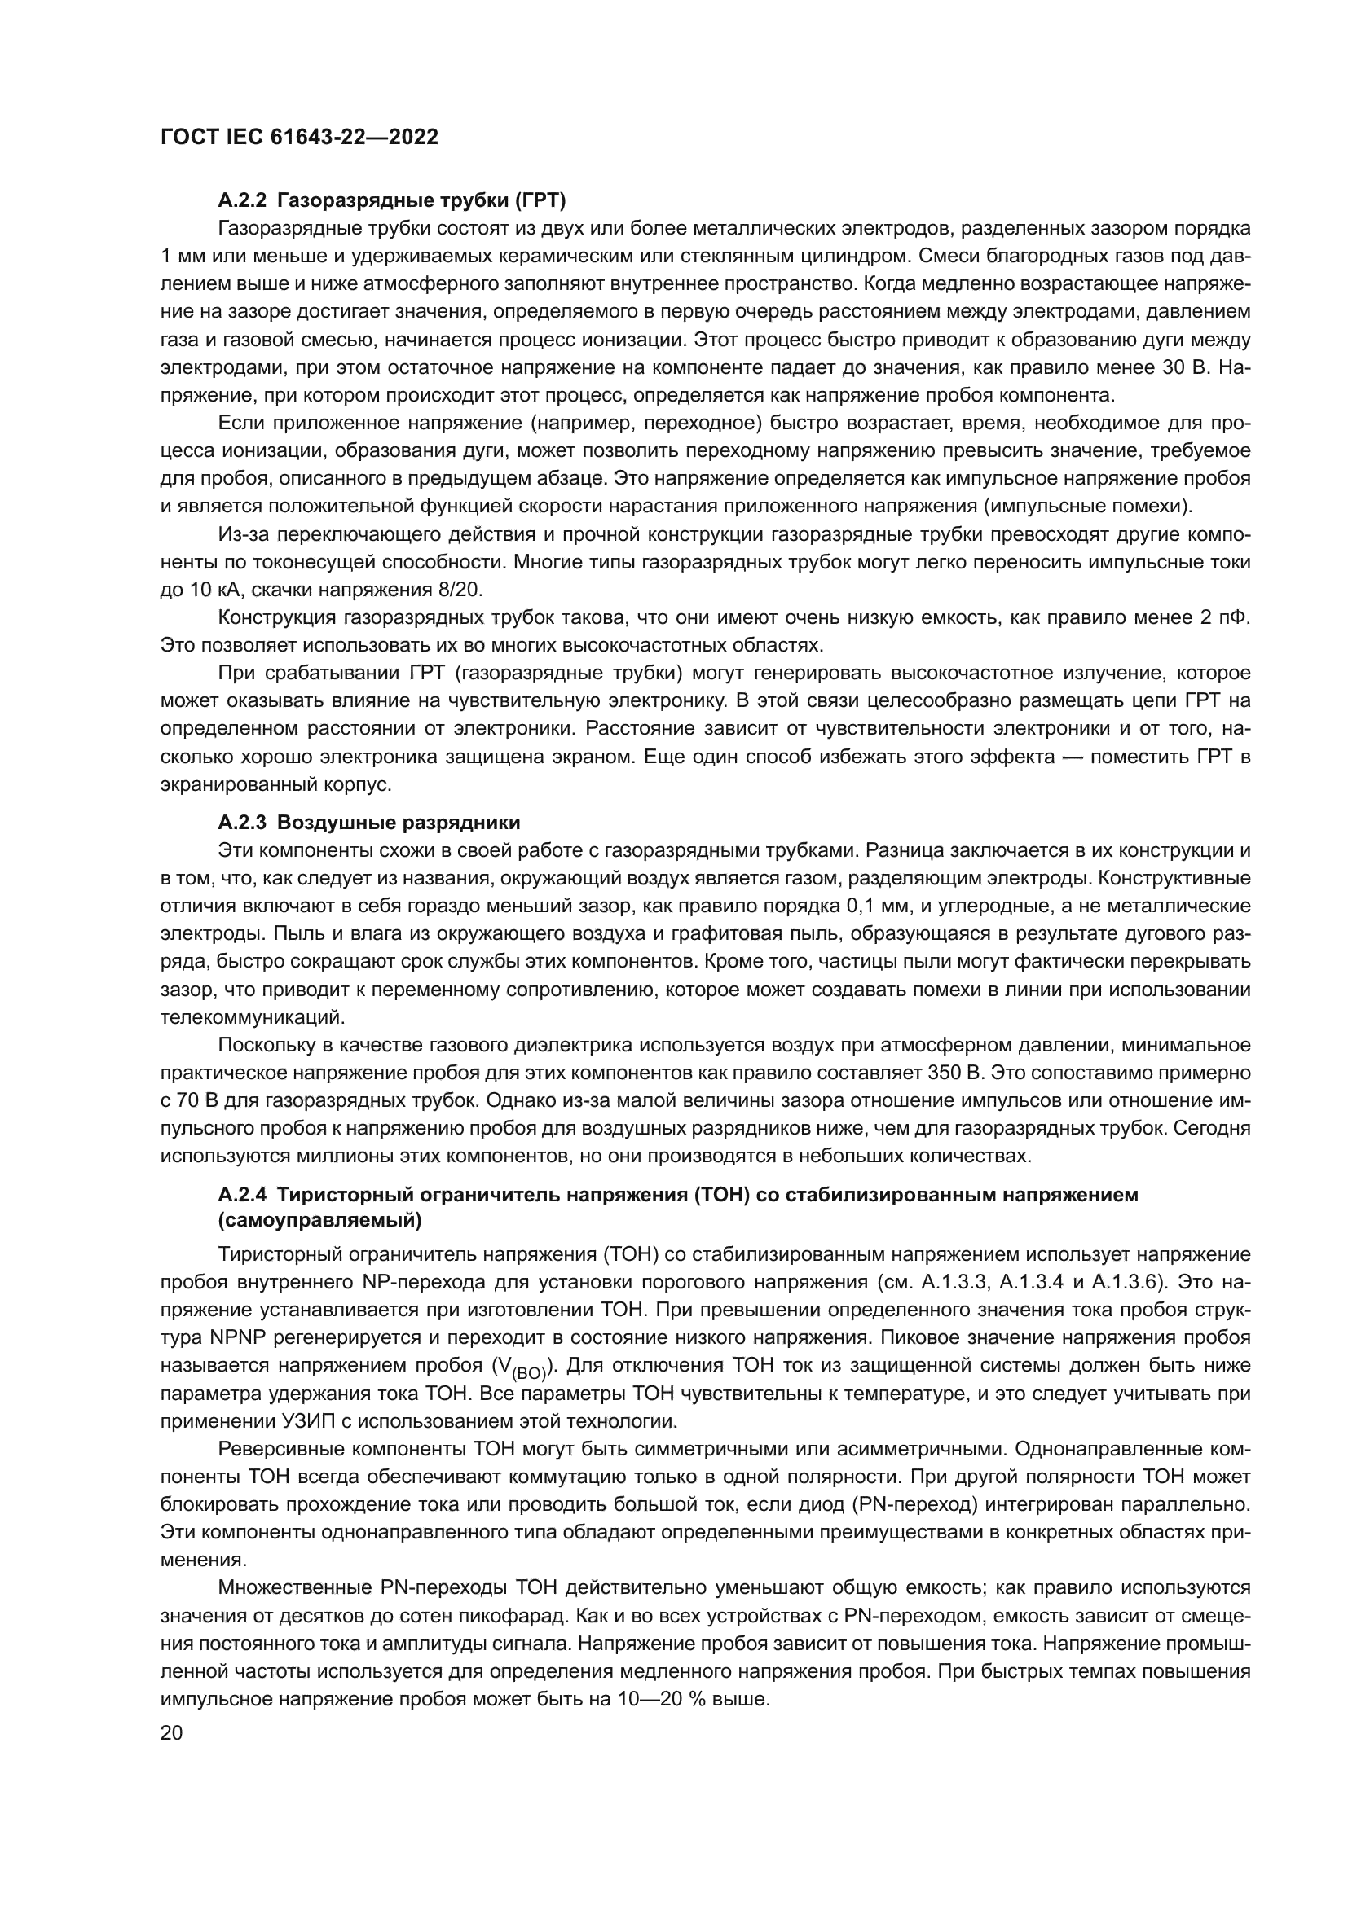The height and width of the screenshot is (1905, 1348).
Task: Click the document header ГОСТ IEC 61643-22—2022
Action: (299, 138)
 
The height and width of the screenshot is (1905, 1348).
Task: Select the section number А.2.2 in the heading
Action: (242, 200)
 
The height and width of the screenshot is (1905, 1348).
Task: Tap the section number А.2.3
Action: (242, 823)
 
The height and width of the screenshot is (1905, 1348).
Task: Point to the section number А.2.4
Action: (242, 1195)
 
